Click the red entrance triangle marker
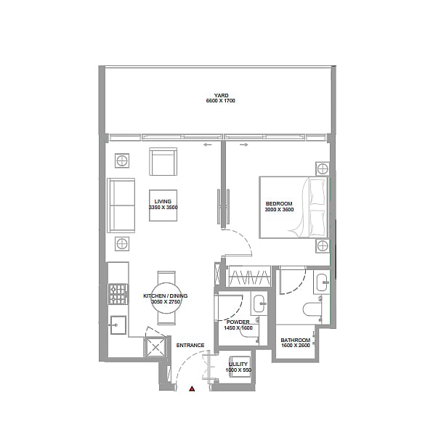[192, 388]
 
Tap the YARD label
[221, 95]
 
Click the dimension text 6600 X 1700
[221, 101]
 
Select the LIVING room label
[163, 201]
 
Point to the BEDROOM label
[279, 204]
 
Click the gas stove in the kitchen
[118, 294]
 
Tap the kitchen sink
[118, 325]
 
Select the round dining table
[166, 298]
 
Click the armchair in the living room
[163, 161]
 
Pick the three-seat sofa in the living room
[121, 205]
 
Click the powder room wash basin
[259, 303]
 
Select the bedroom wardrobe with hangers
[249, 277]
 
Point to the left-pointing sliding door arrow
[208, 145]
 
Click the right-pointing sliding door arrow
[244, 145]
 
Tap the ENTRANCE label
[190, 346]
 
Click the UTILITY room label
[238, 364]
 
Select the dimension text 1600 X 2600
[296, 346]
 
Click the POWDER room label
[238, 322]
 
